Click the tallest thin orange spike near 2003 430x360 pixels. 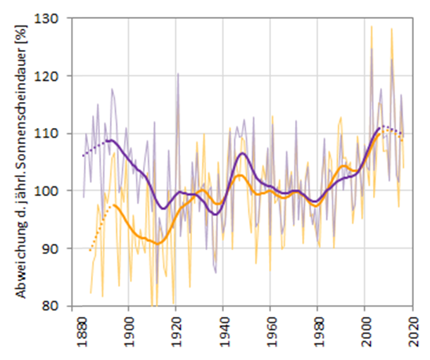[372, 27]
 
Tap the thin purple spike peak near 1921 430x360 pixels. [178, 73]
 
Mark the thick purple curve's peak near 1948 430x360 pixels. [242, 153]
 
